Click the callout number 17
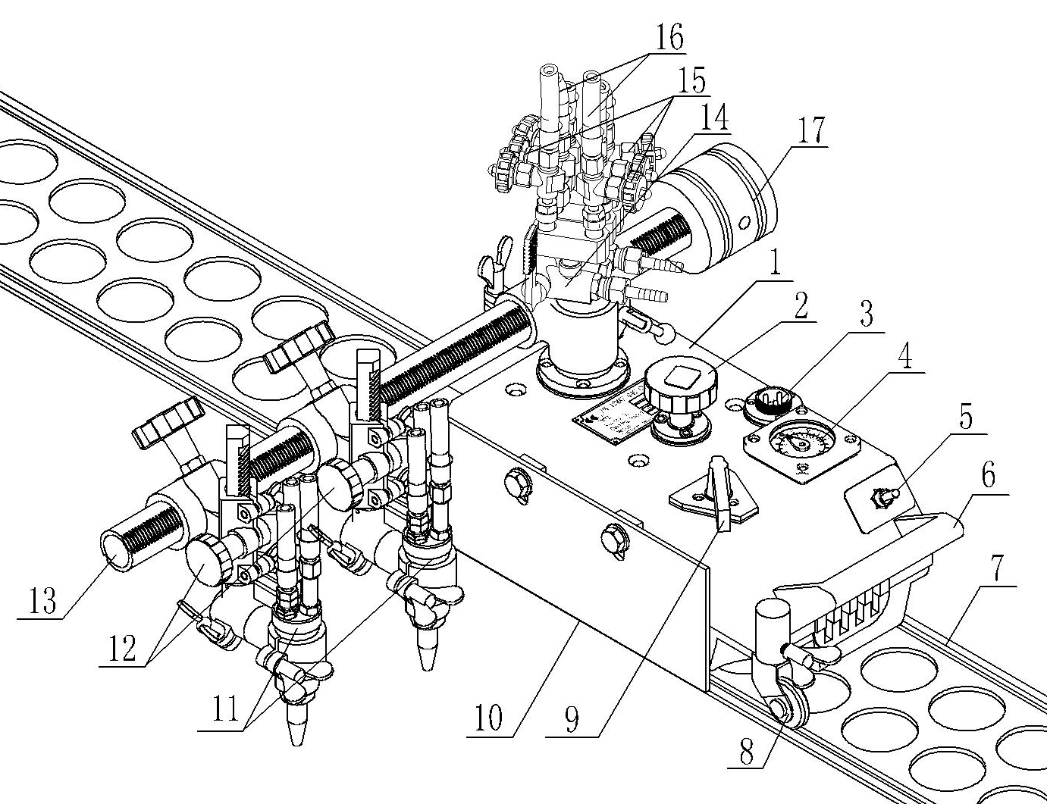click(x=810, y=130)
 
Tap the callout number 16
click(x=669, y=38)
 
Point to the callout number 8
click(x=748, y=752)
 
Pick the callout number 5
click(x=965, y=418)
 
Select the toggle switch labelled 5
click(x=882, y=498)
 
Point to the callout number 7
click(x=1004, y=574)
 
